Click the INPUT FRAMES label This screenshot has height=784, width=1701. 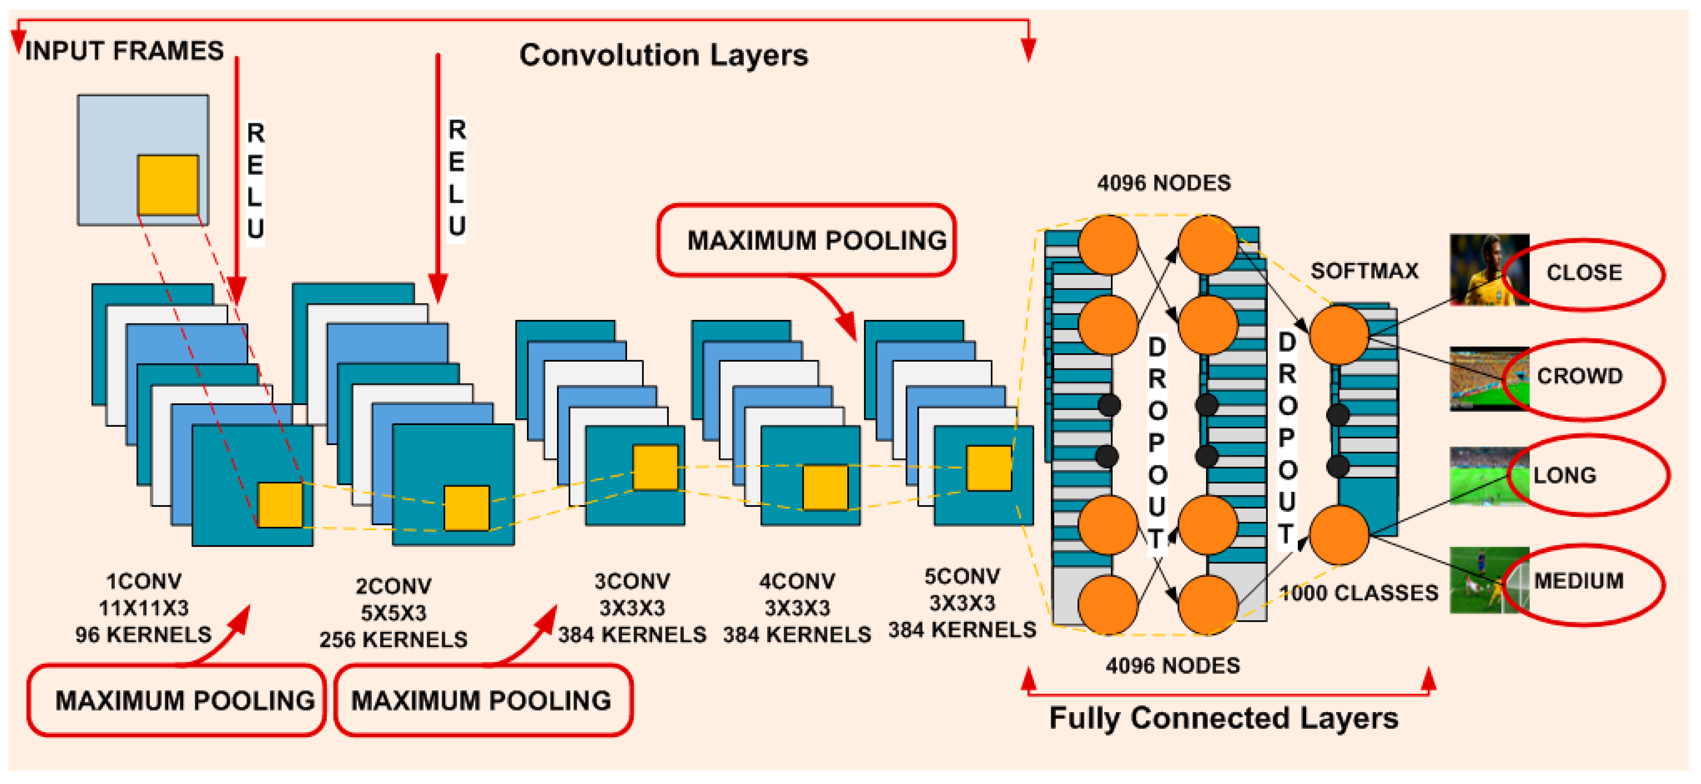(124, 51)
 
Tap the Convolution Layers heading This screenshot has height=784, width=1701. (663, 55)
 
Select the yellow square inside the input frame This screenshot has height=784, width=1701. (168, 185)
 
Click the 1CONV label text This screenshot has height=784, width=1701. (144, 581)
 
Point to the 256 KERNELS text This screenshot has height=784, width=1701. (393, 640)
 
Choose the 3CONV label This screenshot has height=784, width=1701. (632, 581)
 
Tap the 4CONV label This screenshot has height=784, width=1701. (797, 581)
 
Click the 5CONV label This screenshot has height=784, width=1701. (962, 576)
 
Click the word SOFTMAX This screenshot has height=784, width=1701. (1364, 271)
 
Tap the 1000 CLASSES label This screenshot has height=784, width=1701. (1359, 593)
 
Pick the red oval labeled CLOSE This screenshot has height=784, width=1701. (1584, 274)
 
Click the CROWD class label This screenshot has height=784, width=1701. (1579, 375)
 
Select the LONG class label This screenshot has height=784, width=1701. (1564, 475)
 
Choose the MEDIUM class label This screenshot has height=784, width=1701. (1578, 581)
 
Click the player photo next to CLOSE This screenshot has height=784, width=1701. (1489, 270)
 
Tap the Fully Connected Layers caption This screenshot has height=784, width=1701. (1223, 718)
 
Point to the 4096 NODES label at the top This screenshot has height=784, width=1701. (1164, 183)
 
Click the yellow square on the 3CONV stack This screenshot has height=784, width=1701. (655, 467)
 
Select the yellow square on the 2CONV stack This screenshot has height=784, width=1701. (466, 508)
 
